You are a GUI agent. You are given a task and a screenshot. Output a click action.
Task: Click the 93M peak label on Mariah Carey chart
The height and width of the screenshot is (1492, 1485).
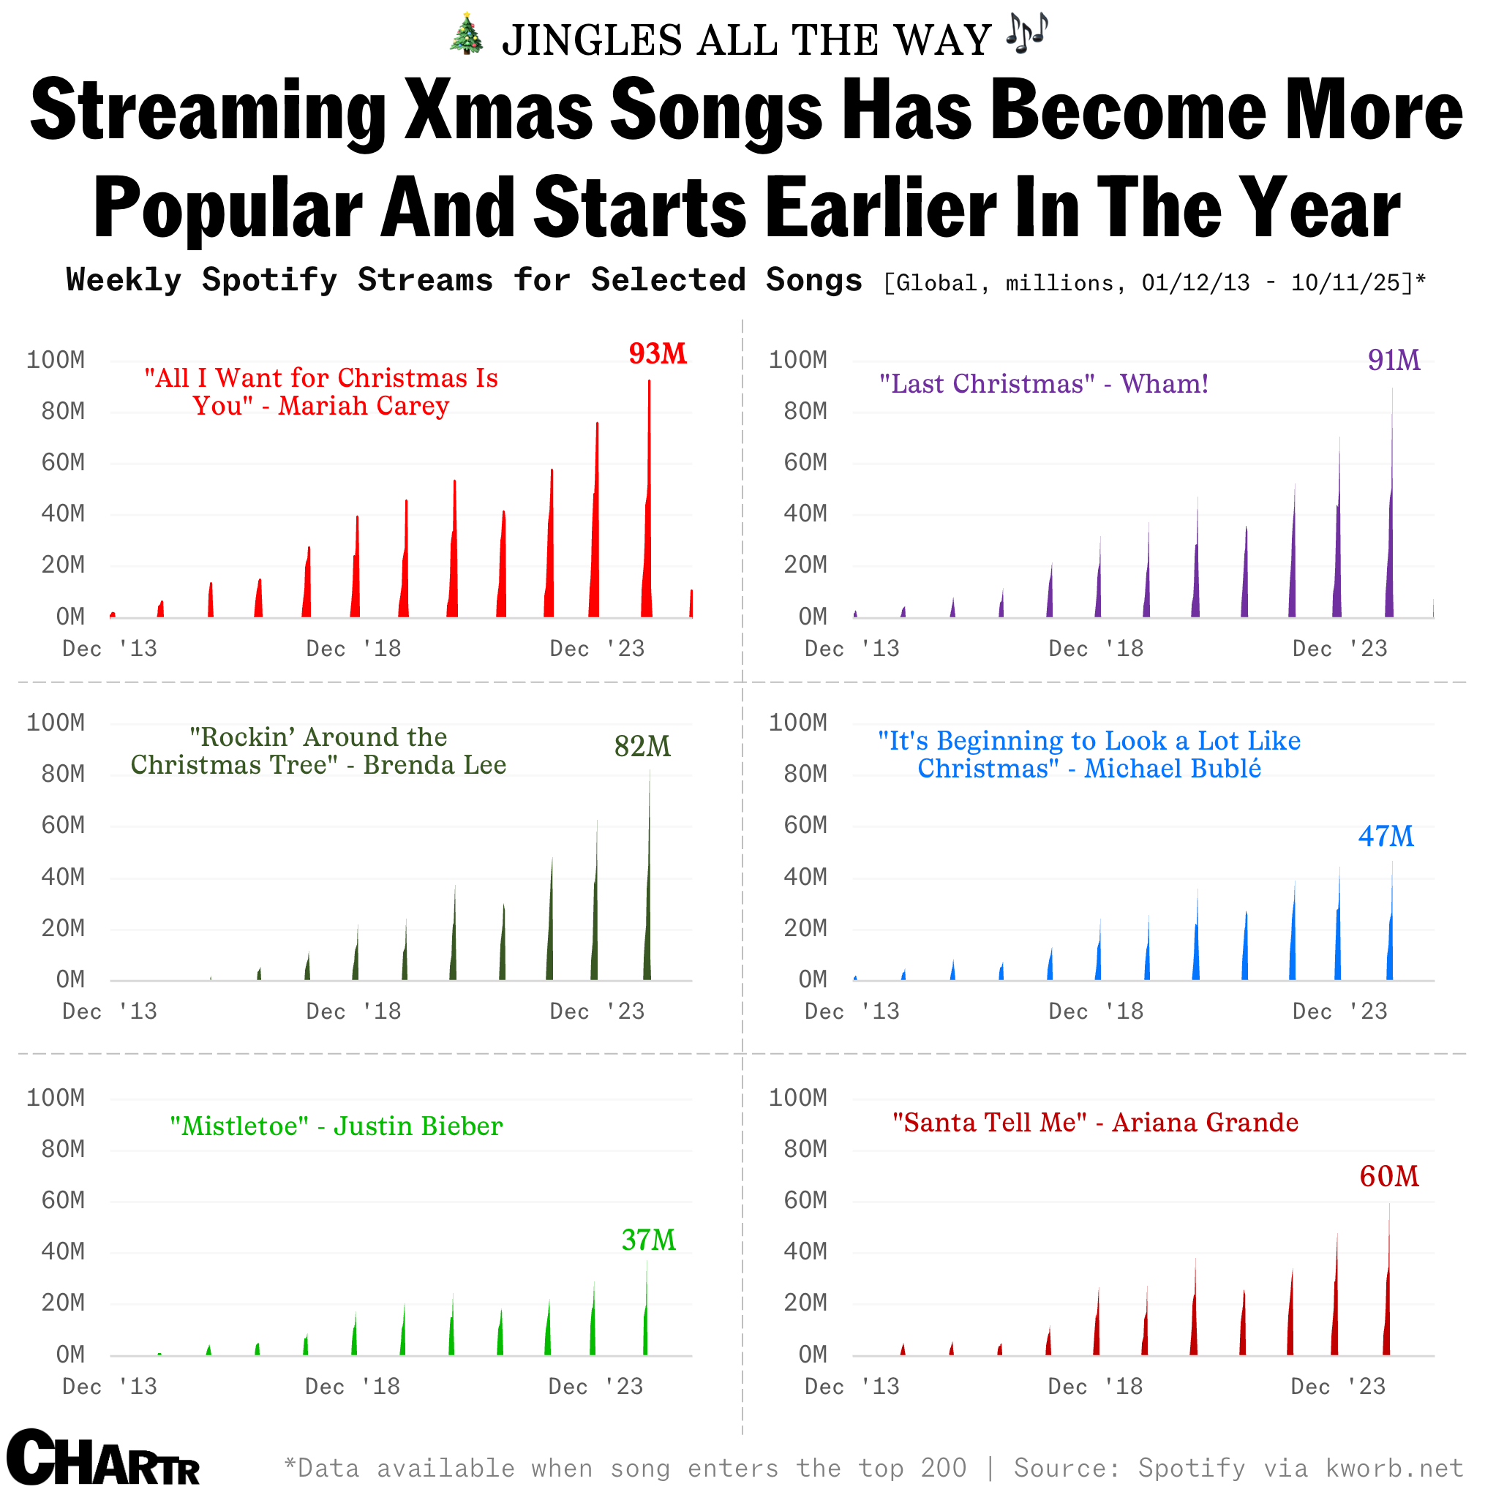(x=657, y=354)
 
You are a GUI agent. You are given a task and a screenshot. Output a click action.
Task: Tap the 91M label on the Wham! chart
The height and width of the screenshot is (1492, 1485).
(x=1393, y=361)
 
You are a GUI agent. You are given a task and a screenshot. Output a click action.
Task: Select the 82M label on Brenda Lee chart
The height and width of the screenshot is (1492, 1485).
(x=642, y=747)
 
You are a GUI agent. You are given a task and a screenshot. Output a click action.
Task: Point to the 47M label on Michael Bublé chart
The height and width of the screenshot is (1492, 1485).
(x=1386, y=837)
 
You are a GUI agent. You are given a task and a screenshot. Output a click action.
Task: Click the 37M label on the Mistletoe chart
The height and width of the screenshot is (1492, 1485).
(x=649, y=1240)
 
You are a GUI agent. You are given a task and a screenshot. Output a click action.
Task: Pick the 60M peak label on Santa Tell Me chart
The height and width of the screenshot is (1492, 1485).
(x=1388, y=1177)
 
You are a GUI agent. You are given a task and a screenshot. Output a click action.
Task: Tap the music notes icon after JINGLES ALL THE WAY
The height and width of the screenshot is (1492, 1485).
(x=1028, y=33)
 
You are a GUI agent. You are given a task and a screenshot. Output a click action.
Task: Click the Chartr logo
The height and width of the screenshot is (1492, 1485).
(x=102, y=1458)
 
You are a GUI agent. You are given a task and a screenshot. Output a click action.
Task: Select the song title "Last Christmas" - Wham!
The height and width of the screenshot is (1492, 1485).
(x=1043, y=384)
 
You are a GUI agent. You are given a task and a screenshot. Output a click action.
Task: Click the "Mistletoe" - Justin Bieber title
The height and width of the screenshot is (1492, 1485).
(x=336, y=1127)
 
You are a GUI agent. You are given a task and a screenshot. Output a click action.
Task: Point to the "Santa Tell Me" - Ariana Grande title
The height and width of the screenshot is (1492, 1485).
(x=1095, y=1123)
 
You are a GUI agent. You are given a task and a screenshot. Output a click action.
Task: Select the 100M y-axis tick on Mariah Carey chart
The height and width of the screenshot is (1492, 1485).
(x=56, y=360)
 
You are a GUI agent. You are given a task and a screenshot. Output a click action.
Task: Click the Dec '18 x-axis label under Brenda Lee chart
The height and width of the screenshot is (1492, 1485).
(x=353, y=1011)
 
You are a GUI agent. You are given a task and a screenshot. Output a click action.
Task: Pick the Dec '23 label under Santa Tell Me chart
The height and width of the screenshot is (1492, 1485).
(x=1338, y=1387)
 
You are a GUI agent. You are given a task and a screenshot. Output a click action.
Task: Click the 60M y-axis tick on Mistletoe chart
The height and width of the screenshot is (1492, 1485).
(x=64, y=1201)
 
